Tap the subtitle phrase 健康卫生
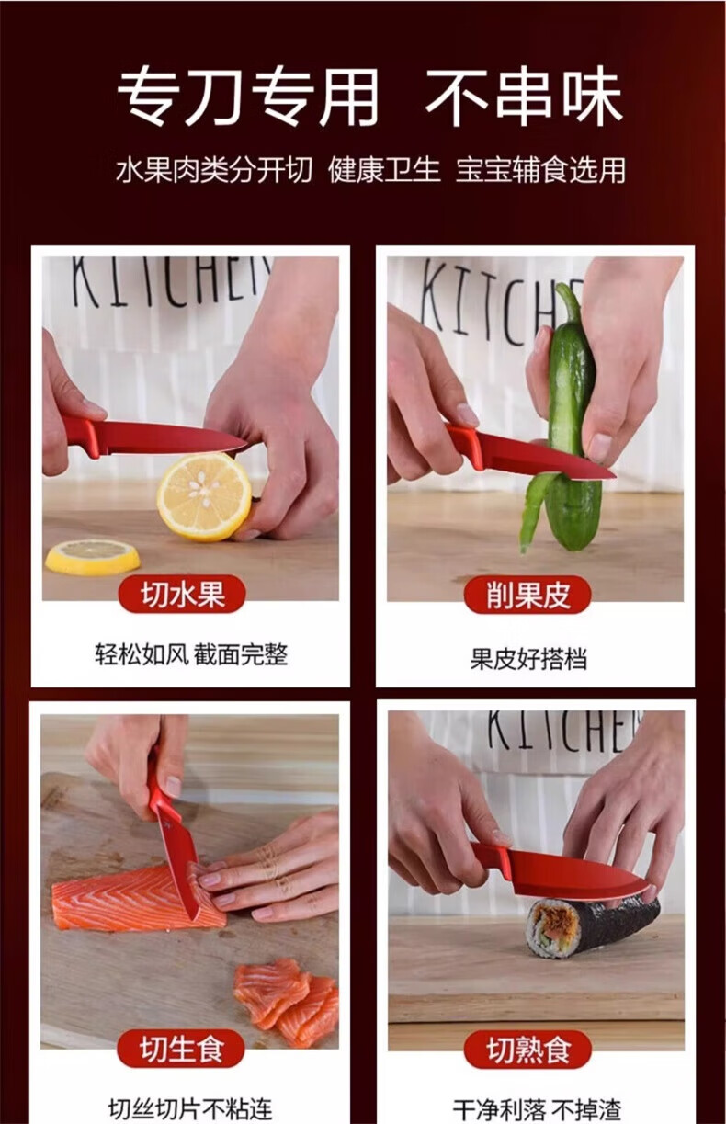[384, 170]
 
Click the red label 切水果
[182, 594]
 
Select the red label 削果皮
[527, 595]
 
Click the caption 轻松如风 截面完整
[191, 654]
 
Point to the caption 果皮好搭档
[528, 658]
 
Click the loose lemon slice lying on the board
[93, 557]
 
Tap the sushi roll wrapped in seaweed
[592, 928]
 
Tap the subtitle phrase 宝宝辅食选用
[540, 170]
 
